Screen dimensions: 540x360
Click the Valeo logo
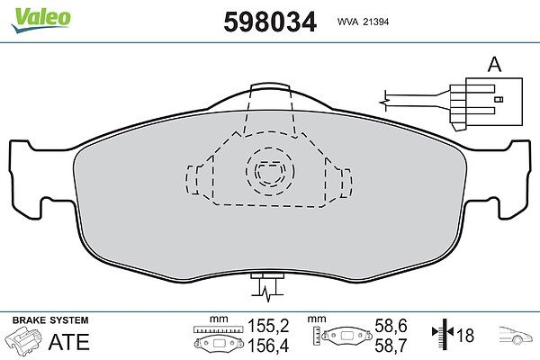coord(40,20)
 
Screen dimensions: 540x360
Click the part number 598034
coord(270,22)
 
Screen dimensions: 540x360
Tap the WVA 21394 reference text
coord(363,22)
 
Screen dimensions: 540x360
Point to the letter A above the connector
coord(494,65)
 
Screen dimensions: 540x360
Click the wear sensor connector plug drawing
coord(486,103)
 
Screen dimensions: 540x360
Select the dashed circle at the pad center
coord(270,171)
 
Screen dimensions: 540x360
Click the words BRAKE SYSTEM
coord(50,320)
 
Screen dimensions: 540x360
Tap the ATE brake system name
coord(69,341)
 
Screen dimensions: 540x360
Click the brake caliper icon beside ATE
coord(23,340)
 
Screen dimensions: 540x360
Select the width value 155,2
coord(268,326)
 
